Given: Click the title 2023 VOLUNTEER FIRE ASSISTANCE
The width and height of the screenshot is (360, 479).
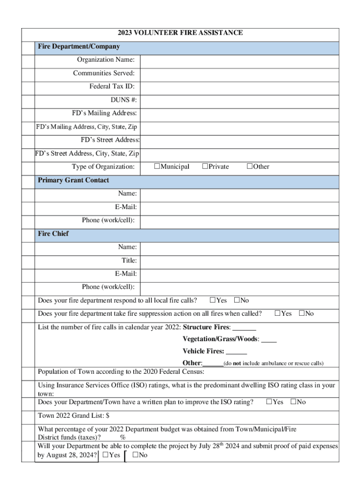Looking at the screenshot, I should (x=180, y=33).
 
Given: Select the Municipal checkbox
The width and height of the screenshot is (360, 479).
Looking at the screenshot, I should (x=157, y=167).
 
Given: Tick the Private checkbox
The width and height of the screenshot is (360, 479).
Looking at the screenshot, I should (x=205, y=167).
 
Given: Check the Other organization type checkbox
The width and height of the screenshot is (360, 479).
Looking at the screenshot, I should (x=250, y=167).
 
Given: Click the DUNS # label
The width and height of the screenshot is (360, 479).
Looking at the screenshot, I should (x=123, y=100).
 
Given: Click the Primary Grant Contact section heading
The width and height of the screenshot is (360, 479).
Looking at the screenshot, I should (x=73, y=180).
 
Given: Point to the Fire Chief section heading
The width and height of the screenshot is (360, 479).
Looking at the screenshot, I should (x=53, y=233).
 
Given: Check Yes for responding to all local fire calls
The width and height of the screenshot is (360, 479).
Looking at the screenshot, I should (x=213, y=300).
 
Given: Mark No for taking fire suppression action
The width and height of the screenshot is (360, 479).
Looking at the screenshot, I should (x=302, y=313).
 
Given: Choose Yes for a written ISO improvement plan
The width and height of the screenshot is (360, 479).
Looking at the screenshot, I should (x=269, y=402).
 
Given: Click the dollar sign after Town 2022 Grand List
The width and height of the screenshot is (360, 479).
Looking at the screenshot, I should (x=108, y=416).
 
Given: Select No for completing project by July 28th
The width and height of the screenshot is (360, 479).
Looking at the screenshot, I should (x=135, y=455).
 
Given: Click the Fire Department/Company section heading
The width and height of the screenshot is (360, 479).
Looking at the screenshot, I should (x=79, y=47).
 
